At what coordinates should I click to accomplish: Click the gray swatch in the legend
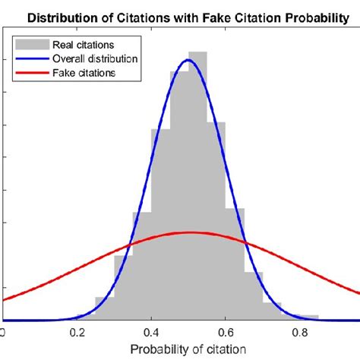point(31,45)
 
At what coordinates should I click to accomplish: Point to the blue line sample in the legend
point(31,58)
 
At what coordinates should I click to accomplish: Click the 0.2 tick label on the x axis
point(77,332)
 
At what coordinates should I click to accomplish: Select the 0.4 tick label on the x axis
point(152,332)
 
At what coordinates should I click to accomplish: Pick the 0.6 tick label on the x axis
point(226,332)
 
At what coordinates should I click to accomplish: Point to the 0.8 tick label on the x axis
point(300,332)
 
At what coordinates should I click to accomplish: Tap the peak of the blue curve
point(189,60)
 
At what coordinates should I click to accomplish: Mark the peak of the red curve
point(189,232)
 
